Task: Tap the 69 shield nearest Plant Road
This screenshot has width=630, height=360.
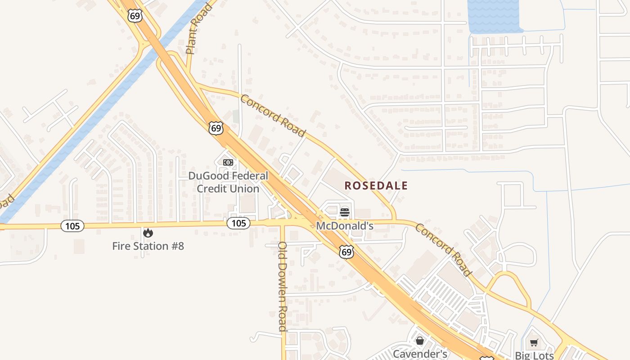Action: pos(135,15)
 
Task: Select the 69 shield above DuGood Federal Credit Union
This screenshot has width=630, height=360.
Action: pos(216,128)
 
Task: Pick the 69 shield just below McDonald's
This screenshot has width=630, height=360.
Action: pos(346,252)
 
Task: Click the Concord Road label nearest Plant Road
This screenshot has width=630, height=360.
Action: pos(273,116)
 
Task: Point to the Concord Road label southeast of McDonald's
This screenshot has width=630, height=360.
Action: pos(443,250)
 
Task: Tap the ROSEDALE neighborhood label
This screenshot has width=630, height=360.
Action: pos(376,185)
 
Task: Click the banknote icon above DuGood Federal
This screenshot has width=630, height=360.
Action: pos(228,162)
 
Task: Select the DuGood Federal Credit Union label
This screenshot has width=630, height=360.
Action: pos(228,182)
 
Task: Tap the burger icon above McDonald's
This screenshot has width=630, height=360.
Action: pos(345,212)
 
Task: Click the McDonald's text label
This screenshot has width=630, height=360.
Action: pos(345,225)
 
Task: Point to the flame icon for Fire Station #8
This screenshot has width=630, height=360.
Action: pos(148,233)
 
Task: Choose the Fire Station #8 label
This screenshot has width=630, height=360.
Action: pos(148,246)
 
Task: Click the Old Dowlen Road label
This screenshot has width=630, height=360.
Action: pos(283,286)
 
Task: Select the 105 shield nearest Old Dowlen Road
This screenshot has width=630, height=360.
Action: pos(238,223)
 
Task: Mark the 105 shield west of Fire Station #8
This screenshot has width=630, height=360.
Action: pos(72,226)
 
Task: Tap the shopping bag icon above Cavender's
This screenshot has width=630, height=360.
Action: pos(420,341)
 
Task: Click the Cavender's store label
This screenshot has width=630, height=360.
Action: pos(420,354)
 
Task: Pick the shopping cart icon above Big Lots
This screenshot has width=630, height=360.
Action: pos(534,343)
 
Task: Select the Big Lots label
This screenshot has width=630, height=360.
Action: pos(534,355)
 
